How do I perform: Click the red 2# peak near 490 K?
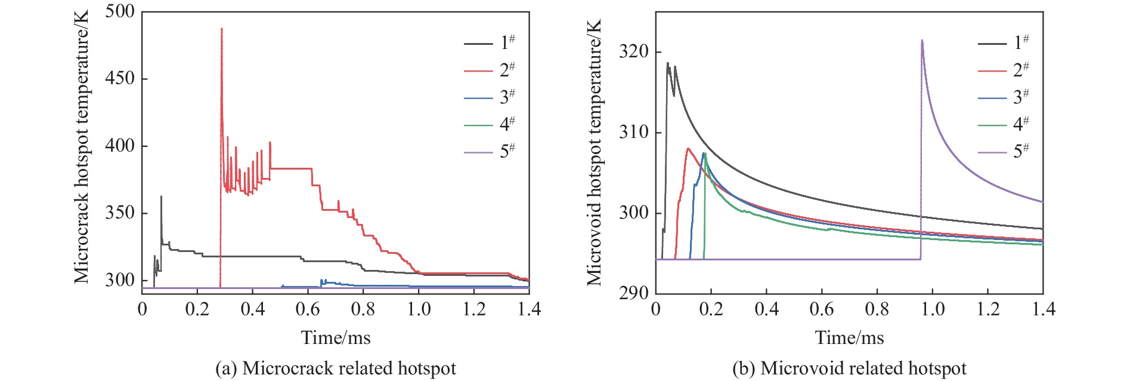coord(221,29)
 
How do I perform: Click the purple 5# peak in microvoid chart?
coord(922,41)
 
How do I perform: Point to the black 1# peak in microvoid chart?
coord(667,63)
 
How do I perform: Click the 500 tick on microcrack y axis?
coord(120,12)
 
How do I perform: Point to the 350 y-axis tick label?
coord(120,213)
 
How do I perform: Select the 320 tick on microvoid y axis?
coord(633,52)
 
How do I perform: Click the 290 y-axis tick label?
coord(633,293)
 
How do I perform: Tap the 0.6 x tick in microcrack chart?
coord(308,309)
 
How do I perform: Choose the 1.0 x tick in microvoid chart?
coord(933,309)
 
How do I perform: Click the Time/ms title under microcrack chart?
coord(336,338)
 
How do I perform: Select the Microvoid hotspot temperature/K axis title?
coord(594,152)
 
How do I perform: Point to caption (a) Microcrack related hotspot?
coord(336,368)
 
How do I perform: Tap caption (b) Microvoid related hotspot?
coord(849,368)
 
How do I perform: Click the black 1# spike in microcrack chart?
coord(161,197)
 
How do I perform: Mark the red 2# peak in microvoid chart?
coord(688,149)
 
